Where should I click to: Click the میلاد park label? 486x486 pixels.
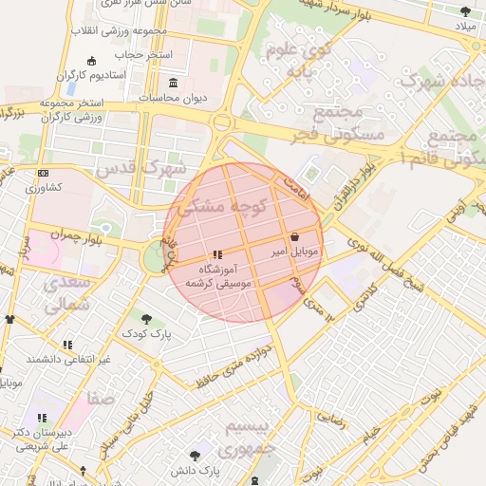coord(465,26)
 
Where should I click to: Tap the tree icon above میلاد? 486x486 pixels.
coord(465,11)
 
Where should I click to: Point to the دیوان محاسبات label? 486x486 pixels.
coord(172,96)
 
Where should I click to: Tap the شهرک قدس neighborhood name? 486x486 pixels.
coord(141,168)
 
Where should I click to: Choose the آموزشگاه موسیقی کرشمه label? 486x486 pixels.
coord(218,276)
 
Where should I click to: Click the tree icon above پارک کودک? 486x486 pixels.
coord(146,319)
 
